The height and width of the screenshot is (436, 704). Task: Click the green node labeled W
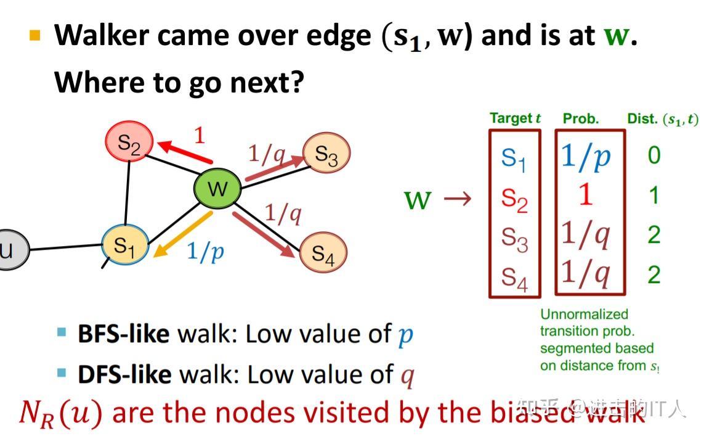tap(217, 188)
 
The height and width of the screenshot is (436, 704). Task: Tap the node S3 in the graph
tap(326, 155)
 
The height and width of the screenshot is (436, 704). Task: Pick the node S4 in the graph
tap(323, 252)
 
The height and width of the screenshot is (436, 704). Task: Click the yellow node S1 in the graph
tap(124, 245)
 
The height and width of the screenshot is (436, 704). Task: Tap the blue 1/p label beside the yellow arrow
tap(206, 252)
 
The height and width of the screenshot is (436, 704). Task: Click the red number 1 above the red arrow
tap(199, 135)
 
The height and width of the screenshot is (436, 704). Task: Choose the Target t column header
tap(515, 118)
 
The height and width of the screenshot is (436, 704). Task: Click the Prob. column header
tap(581, 118)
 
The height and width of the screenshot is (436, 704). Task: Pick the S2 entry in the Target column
tap(514, 199)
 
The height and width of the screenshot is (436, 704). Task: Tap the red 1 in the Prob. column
tap(586, 195)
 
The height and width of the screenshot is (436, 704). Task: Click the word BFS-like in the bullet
tap(123, 334)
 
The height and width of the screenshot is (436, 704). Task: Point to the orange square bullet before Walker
tap(35, 35)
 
